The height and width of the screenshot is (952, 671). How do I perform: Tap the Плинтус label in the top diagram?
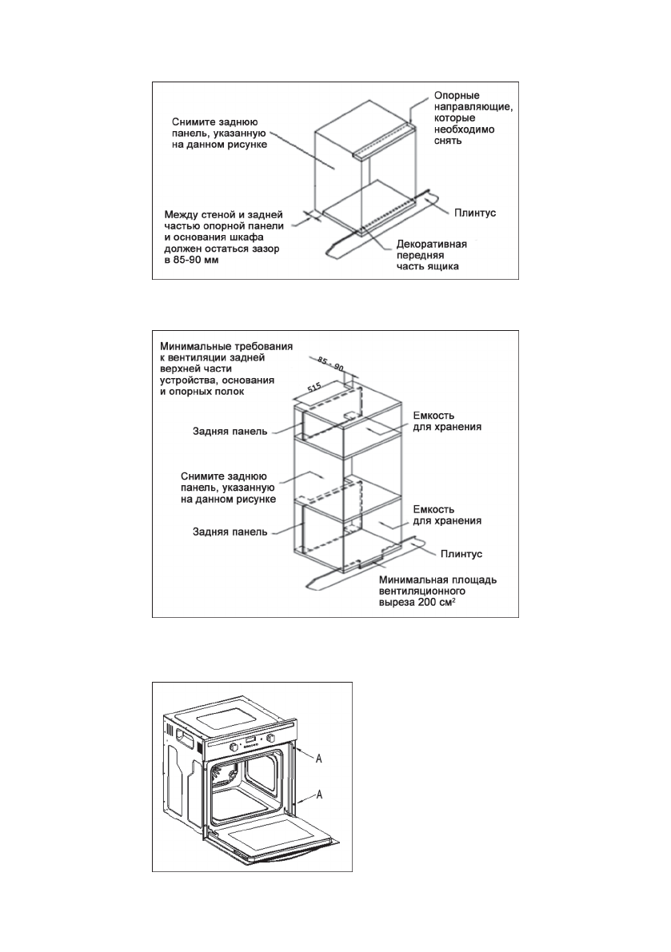(478, 213)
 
